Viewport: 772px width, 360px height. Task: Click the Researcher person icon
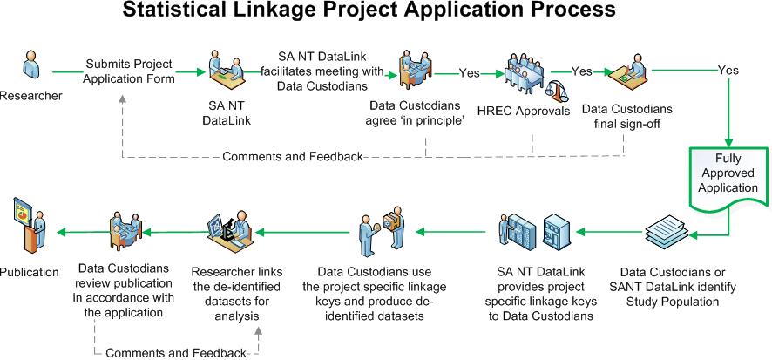32,64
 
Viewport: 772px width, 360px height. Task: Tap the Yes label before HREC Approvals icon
469,73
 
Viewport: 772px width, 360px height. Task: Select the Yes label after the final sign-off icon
728,70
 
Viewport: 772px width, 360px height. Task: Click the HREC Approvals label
524,112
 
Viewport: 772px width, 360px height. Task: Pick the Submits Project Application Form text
129,71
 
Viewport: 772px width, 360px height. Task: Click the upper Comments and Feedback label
293,157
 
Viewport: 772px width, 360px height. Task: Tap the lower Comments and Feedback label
176,353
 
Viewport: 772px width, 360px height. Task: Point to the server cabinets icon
535,229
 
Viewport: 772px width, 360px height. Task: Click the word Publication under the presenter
29,272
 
